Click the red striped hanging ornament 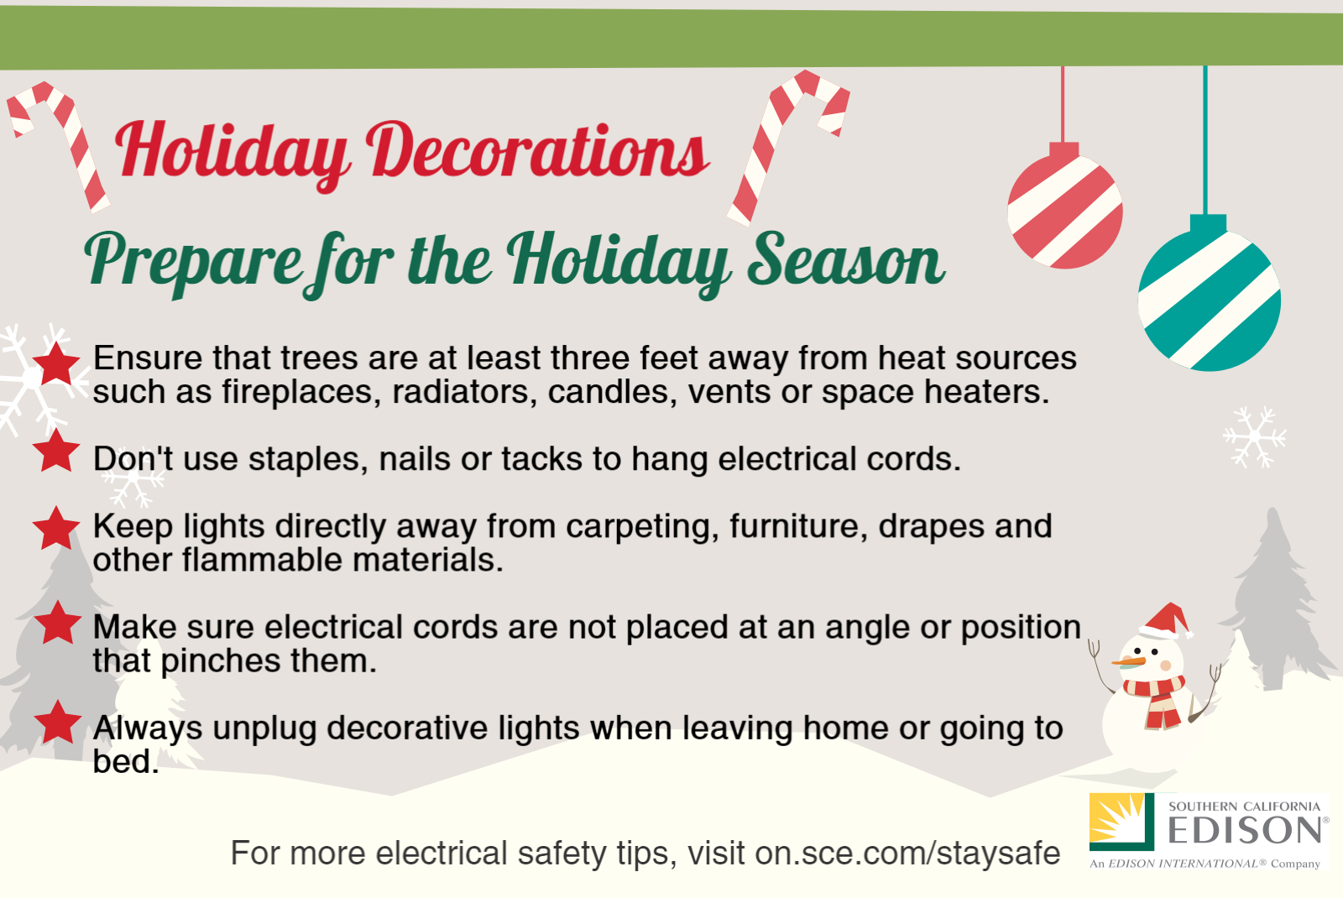(x=1065, y=206)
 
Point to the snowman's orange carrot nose (x=1128, y=662)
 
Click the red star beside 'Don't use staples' (x=56, y=450)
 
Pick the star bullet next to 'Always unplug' (x=58, y=723)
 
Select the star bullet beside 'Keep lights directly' (x=56, y=528)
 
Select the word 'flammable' (x=263, y=560)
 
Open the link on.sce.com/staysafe (x=907, y=853)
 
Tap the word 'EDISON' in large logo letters (x=1245, y=830)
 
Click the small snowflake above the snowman (x=1254, y=437)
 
